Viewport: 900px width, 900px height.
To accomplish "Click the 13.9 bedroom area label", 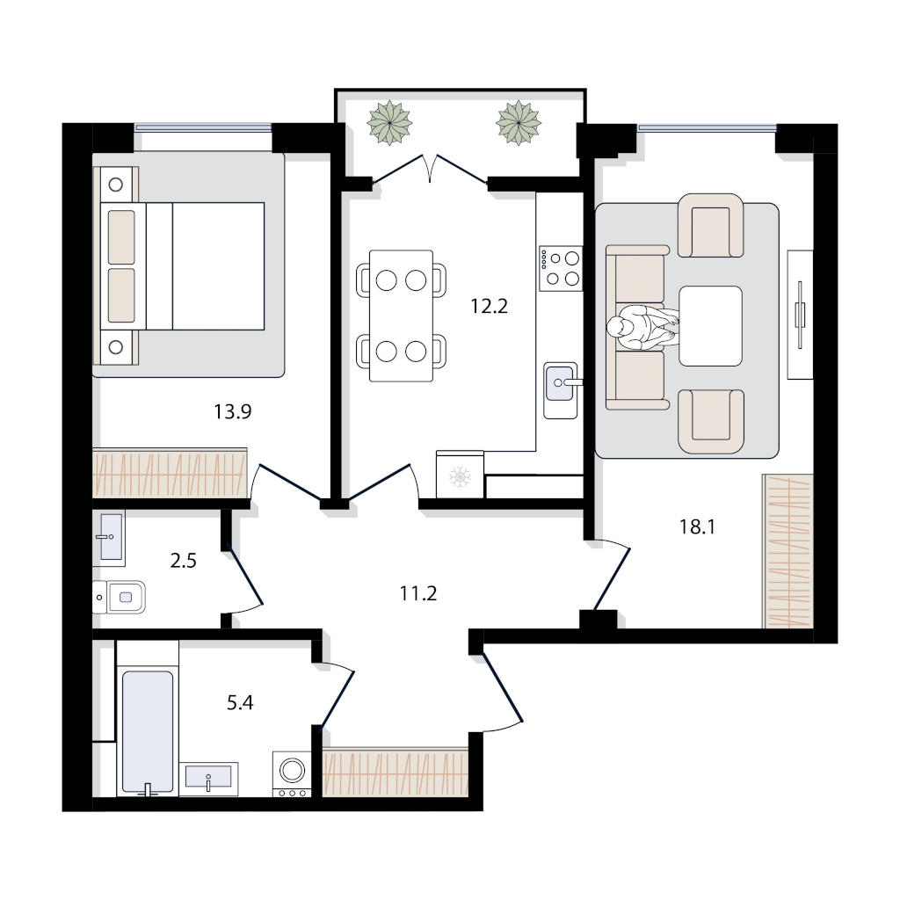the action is [232, 411].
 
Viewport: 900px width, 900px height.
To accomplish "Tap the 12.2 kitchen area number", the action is [489, 307].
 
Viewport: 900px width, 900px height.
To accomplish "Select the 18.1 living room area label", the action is [697, 527].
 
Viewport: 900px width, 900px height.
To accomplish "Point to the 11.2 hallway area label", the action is [418, 593].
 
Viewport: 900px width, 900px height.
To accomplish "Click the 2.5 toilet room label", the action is [183, 560].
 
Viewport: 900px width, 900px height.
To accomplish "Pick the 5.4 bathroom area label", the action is [240, 702].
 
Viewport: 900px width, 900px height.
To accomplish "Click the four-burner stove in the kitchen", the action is [561, 269].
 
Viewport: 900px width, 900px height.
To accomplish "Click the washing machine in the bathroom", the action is [292, 774].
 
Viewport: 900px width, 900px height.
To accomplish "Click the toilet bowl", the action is [120, 597].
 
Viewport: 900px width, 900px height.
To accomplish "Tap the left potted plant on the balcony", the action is [389, 123].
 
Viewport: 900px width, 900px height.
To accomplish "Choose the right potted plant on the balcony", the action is [519, 123].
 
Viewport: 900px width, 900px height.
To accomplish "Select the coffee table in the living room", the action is [710, 326].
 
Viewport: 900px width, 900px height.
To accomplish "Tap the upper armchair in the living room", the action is [710, 226].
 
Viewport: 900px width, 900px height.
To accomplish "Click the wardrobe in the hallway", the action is [396, 772].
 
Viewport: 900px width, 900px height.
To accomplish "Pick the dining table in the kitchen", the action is [401, 316].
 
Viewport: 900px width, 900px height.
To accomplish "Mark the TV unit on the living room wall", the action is [800, 315].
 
